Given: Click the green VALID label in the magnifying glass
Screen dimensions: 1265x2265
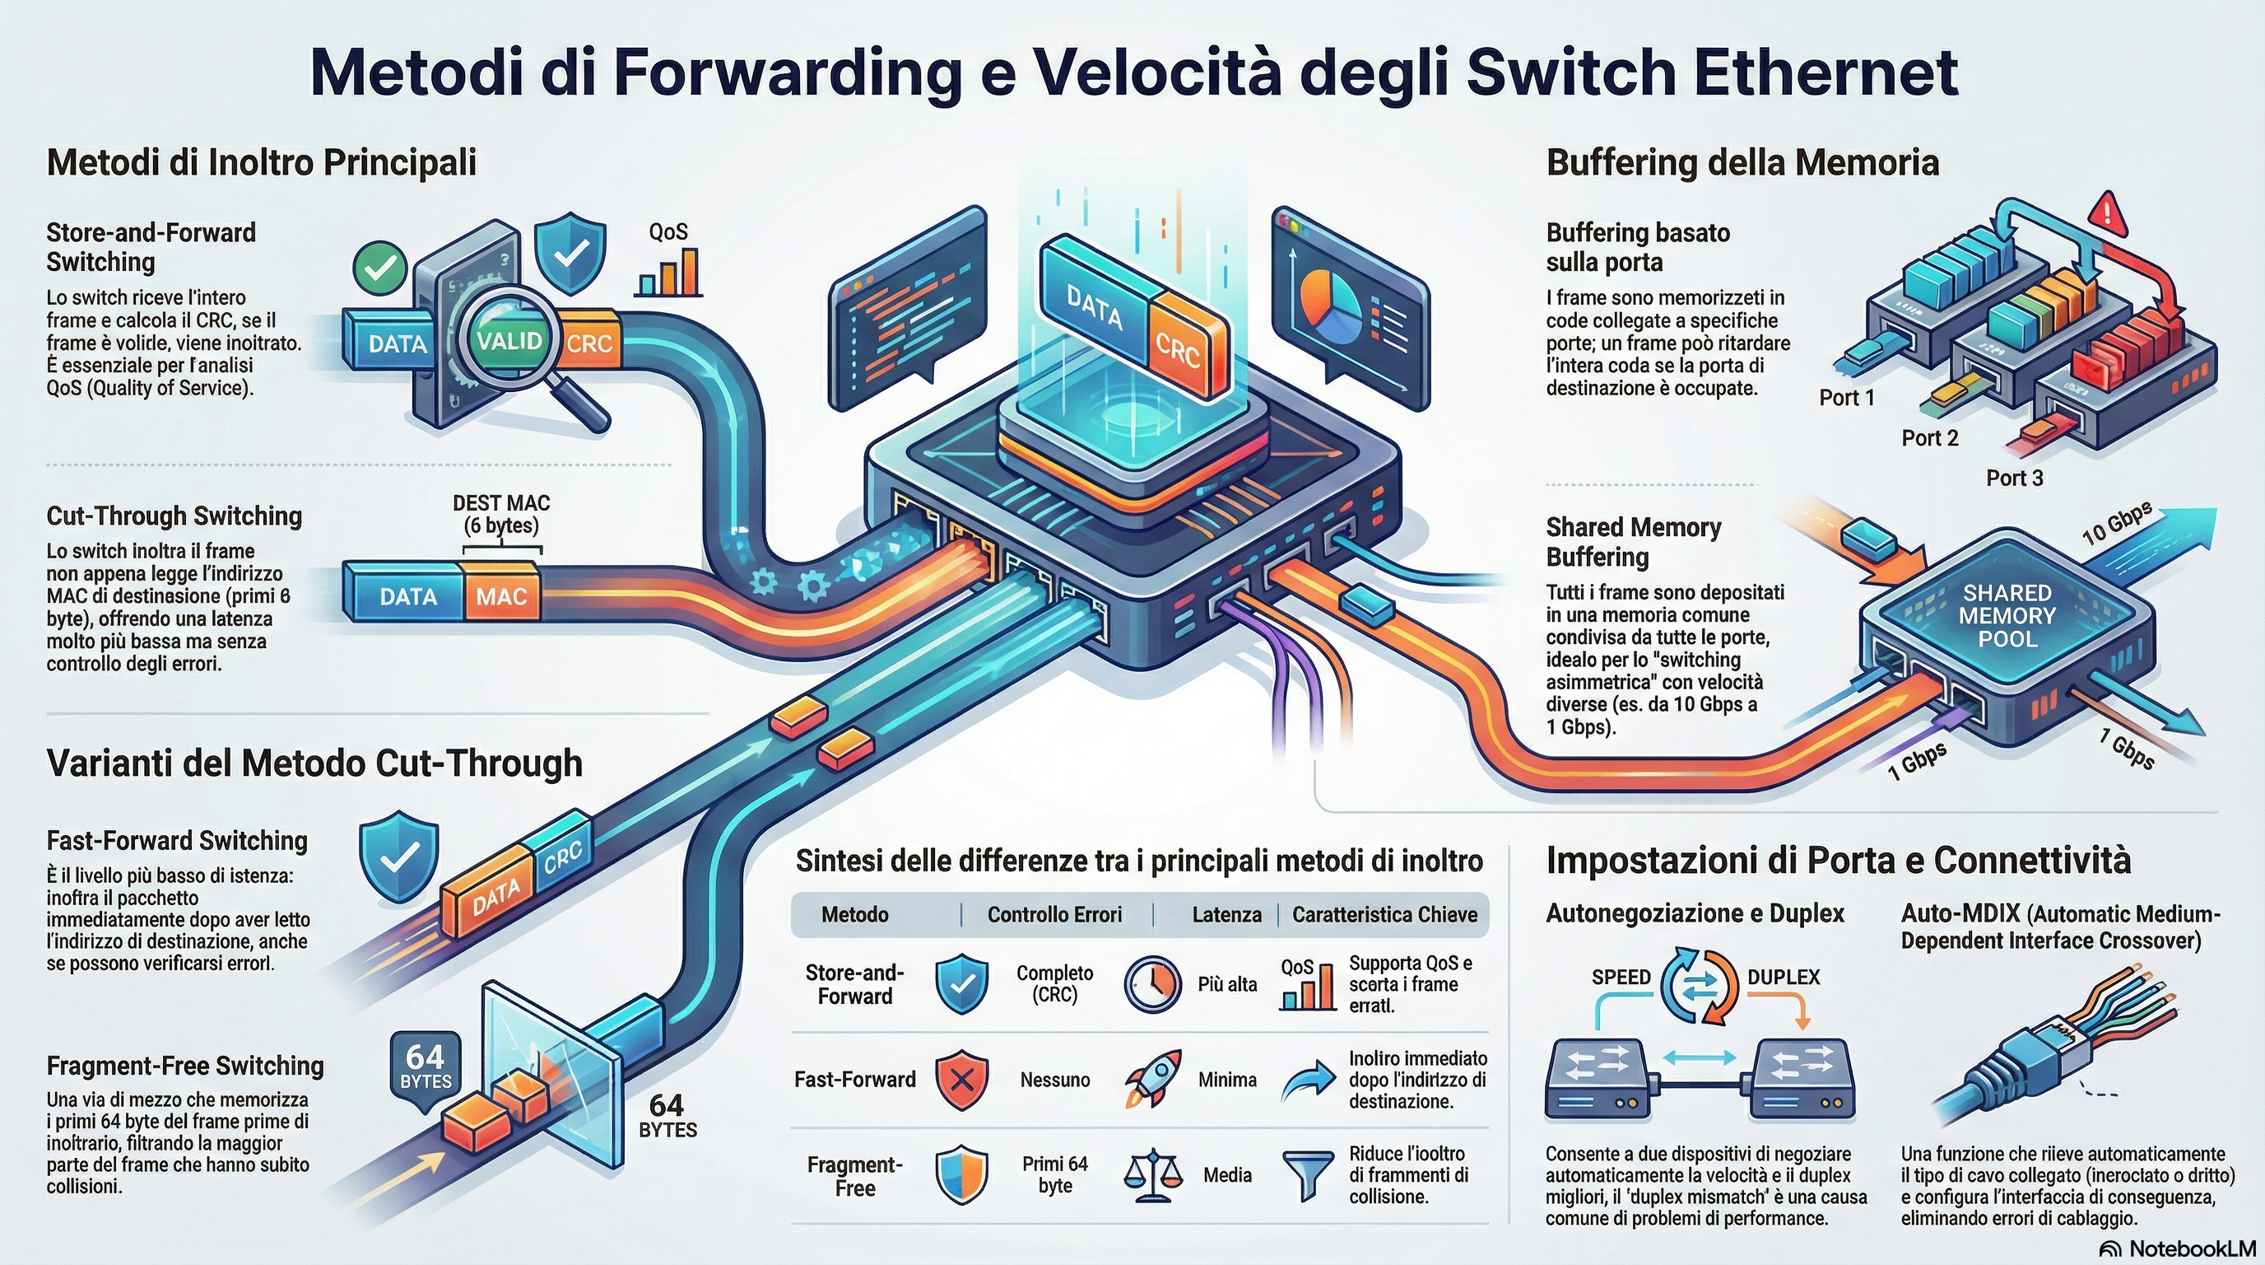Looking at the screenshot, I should click(x=510, y=340).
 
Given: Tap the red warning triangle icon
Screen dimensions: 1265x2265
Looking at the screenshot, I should click(x=2109, y=212).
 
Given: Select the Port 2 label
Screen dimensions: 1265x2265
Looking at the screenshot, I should click(x=1929, y=438).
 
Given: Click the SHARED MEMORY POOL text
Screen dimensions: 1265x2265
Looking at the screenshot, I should click(x=2007, y=616).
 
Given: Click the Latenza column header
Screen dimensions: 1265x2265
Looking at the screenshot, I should click(x=1226, y=915).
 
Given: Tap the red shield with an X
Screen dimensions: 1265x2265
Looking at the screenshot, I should click(x=961, y=1080).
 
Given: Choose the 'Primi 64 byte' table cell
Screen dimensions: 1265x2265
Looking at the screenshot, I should click(x=1054, y=1174).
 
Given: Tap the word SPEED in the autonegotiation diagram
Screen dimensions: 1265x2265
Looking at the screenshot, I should click(x=1621, y=978).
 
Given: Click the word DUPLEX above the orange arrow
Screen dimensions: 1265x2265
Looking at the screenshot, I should click(x=1784, y=978).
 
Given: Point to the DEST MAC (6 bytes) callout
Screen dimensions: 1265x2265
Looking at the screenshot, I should click(x=501, y=515).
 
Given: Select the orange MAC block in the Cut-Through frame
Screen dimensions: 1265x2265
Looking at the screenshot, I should click(x=501, y=596).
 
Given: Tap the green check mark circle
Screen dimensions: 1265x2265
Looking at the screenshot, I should click(x=380, y=268).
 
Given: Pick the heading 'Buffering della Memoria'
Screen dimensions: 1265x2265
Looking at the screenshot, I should click(x=1742, y=163).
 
